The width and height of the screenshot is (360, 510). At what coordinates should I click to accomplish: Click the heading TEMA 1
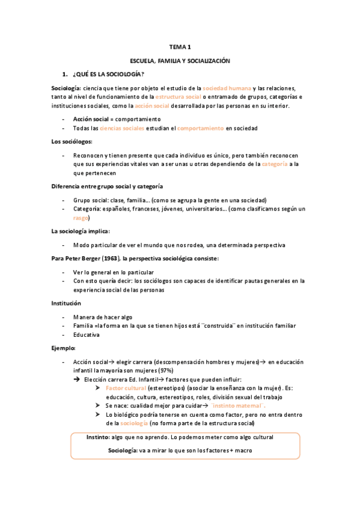pos(180,46)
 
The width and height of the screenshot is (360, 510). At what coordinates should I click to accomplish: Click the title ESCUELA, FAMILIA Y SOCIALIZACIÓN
pos(180,61)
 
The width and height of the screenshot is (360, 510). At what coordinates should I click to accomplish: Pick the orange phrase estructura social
pos(178,97)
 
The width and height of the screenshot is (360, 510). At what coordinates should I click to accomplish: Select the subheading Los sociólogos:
pos(72,141)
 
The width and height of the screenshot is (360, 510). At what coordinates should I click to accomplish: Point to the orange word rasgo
pos(81,218)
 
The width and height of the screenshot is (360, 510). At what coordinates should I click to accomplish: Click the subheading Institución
pos(66,303)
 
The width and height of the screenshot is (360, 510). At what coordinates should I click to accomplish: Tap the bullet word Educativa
pos(87,334)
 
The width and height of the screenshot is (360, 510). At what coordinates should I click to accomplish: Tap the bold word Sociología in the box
pos(122,450)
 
